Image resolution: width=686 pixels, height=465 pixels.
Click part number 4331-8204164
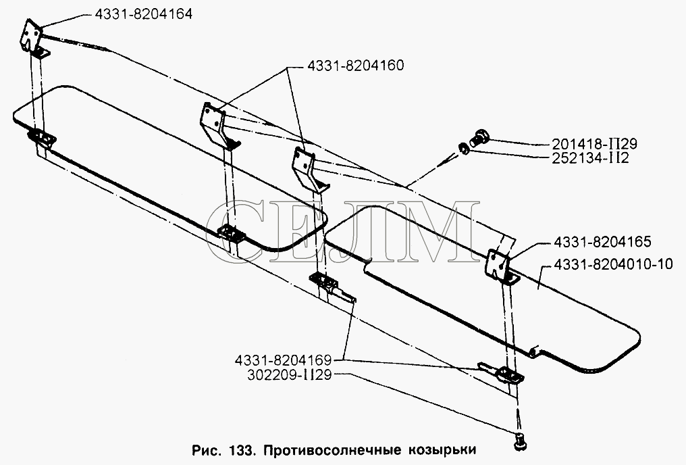tap(143, 14)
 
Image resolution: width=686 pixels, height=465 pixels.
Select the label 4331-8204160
tap(355, 66)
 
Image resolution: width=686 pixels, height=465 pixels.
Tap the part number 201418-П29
tap(594, 143)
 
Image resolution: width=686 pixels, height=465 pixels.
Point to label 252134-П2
tap(589, 157)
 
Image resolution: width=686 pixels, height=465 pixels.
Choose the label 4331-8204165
tap(602, 242)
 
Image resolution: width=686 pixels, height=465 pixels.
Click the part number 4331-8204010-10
tap(613, 264)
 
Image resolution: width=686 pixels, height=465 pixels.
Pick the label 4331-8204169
tap(283, 360)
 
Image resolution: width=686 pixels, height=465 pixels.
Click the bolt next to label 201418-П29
tap(479, 137)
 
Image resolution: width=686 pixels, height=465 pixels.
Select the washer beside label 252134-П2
tap(464, 149)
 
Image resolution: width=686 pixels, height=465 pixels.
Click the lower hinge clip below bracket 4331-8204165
tap(511, 375)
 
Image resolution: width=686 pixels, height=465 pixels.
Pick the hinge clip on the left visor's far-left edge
tap(42, 139)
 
